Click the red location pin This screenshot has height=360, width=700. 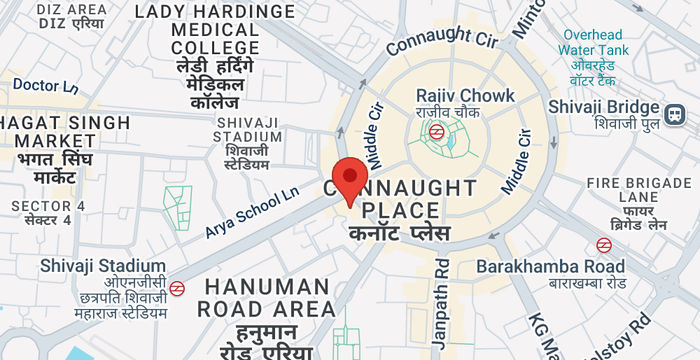[x=349, y=180]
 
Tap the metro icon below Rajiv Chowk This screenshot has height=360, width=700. [x=437, y=130]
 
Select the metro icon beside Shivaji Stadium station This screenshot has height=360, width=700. [x=177, y=288]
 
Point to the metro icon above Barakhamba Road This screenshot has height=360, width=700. [x=604, y=244]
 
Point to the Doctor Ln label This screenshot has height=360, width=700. [x=45, y=86]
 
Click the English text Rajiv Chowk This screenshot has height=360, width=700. [x=465, y=96]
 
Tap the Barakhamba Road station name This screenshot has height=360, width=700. [x=551, y=267]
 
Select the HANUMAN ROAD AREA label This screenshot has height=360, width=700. [x=265, y=297]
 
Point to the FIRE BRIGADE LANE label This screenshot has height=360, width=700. [x=640, y=191]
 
